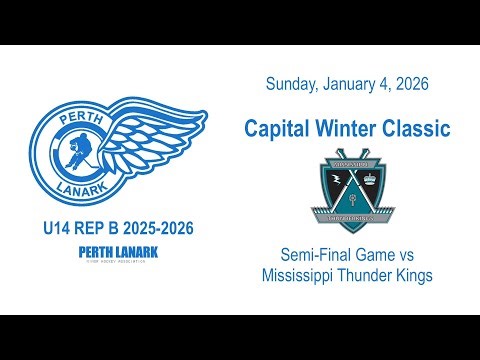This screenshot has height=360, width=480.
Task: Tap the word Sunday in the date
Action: [291, 85]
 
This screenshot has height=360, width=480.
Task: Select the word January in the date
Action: [350, 85]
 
